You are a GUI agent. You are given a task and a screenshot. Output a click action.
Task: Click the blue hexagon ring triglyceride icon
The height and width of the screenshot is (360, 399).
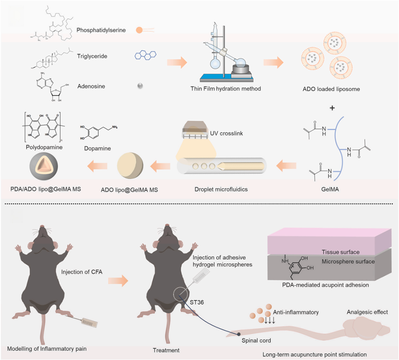pos(146,55)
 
